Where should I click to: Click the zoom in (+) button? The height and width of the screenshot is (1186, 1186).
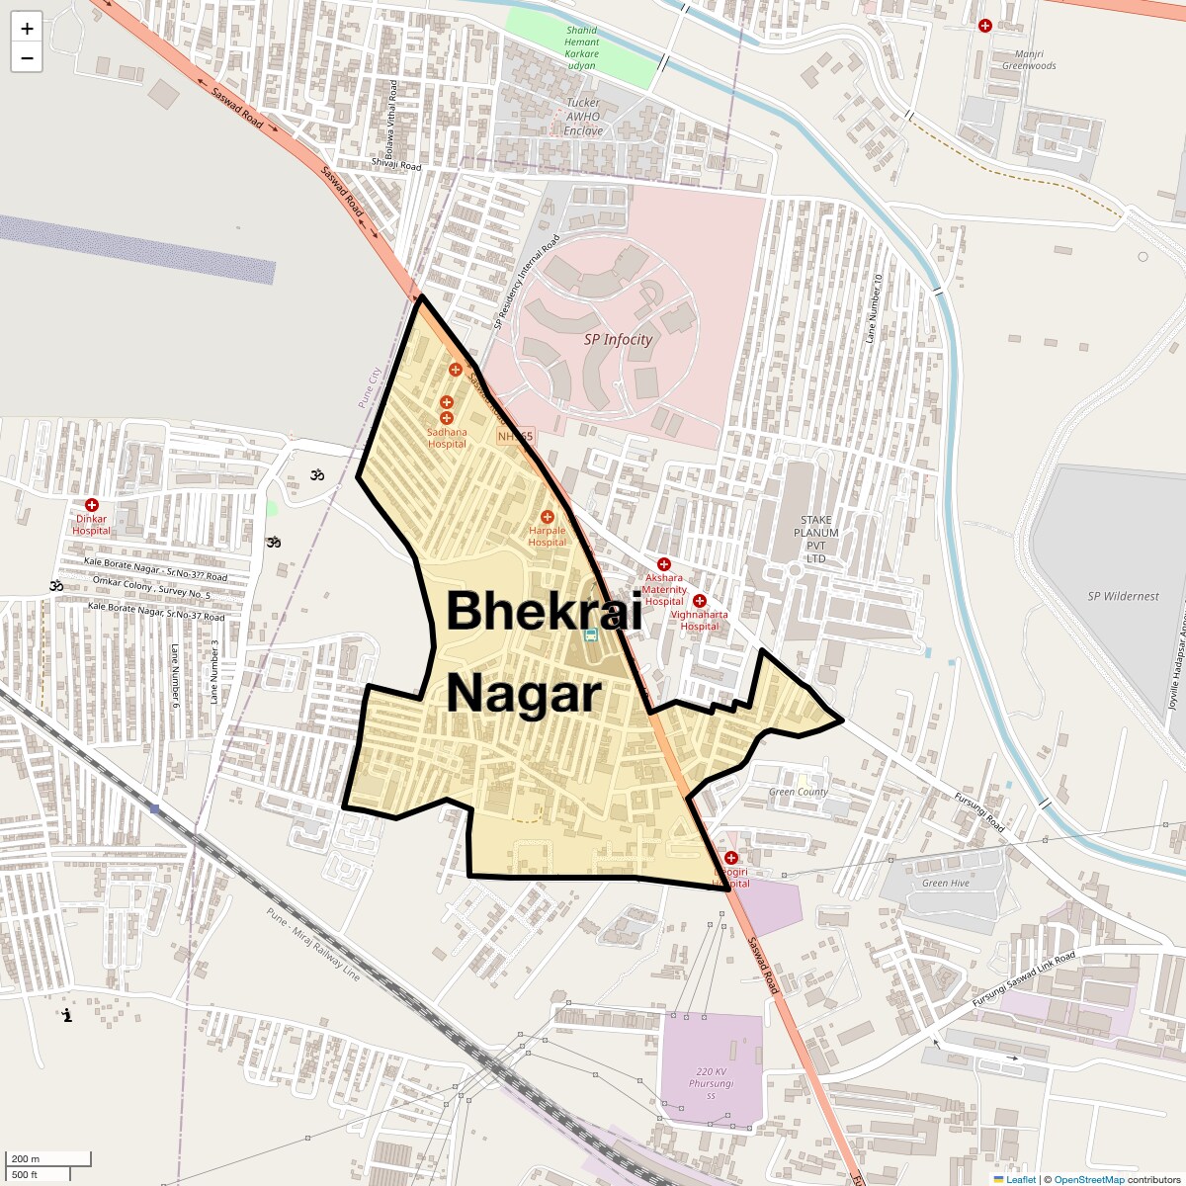[x=27, y=29]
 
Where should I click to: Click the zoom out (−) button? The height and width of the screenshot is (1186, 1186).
[x=27, y=58]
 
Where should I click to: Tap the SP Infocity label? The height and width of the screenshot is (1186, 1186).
[x=618, y=339]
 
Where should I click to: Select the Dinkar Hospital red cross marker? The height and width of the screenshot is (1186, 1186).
[x=92, y=505]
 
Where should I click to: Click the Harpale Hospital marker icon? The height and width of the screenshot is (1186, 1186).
[x=548, y=517]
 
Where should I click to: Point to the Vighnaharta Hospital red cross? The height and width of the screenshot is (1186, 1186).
[x=700, y=601]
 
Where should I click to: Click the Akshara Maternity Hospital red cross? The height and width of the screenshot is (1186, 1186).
[x=664, y=564]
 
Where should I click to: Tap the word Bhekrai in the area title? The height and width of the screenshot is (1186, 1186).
[x=544, y=610]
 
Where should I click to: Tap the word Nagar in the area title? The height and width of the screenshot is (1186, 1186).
[x=524, y=694]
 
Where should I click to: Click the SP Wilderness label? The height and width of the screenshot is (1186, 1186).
[x=1123, y=596]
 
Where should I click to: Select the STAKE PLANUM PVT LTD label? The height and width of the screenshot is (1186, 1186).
[x=815, y=539]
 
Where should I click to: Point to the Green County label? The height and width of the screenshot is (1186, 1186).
[x=799, y=792]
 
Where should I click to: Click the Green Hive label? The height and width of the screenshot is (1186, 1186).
[x=945, y=883]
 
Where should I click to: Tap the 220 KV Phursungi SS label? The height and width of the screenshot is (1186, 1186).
[x=712, y=1083]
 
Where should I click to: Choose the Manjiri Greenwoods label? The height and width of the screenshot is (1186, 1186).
[x=1029, y=60]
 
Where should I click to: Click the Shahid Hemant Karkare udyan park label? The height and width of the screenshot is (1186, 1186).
[x=582, y=48]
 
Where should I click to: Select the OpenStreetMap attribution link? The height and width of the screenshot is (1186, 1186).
[x=1088, y=1179]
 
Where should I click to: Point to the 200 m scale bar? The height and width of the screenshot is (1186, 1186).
[x=48, y=1158]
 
